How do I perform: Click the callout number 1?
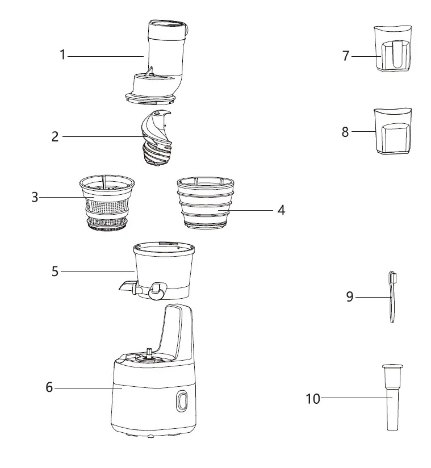coord(63,56)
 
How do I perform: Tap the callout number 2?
coord(55,137)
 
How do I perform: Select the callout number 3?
coord(35,197)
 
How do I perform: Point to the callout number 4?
coord(281,210)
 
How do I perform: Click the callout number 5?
coord(55,271)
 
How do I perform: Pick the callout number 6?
coord(49,388)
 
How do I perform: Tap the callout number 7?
coord(346,56)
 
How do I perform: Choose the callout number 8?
coord(345,132)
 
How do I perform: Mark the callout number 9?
coord(350,296)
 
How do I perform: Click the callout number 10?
coord(313,399)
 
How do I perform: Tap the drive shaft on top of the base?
coord(149,353)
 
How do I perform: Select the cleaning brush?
coord(392,296)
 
